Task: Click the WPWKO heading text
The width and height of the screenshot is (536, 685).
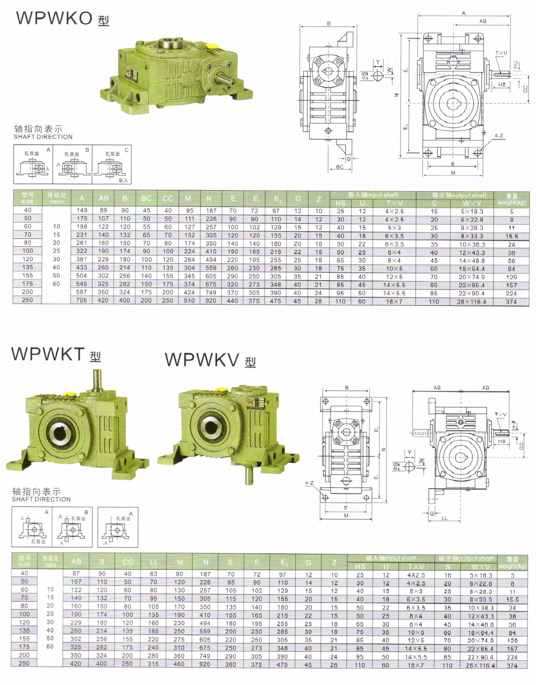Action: pyautogui.click(x=54, y=18)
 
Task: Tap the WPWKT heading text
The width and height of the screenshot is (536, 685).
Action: pyautogui.click(x=48, y=354)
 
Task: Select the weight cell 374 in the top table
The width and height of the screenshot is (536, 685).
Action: pyautogui.click(x=511, y=301)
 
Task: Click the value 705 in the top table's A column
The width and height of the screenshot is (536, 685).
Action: pyautogui.click(x=81, y=300)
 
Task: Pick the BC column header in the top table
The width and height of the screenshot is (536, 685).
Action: pyautogui.click(x=146, y=198)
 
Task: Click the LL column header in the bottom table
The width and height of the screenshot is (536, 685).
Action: pyautogui.click(x=154, y=562)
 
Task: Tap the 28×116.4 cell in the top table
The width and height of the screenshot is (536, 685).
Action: pyautogui.click(x=471, y=301)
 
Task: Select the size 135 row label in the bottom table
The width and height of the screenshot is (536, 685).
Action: pyautogui.click(x=24, y=630)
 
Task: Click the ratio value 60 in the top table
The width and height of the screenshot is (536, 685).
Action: pyautogui.click(x=56, y=284)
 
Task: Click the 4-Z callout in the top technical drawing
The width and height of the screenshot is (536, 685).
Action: pyautogui.click(x=499, y=136)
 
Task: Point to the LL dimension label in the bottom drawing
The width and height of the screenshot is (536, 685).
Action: pyautogui.click(x=444, y=518)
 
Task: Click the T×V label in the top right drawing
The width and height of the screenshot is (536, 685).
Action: pyautogui.click(x=501, y=53)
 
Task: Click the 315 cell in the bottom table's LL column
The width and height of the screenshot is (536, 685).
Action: pyautogui.click(x=153, y=664)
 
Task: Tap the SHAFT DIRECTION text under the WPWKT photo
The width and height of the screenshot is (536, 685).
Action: pyautogui.click(x=41, y=499)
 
